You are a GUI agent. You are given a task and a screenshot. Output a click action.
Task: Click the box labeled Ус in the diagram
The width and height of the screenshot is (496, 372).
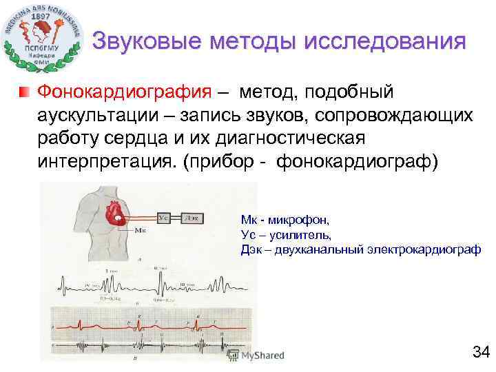pyautogui.click(x=164, y=218)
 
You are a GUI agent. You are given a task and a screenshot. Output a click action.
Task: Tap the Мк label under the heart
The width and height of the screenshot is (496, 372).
pyautogui.click(x=140, y=230)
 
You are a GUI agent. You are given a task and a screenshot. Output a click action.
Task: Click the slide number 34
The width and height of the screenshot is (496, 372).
pyautogui.click(x=480, y=353)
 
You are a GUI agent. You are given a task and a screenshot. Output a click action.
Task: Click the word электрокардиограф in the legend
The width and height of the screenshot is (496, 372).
pyautogui.click(x=427, y=249)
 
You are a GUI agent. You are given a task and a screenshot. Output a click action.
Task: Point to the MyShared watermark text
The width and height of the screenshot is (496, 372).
pyautogui.click(x=262, y=356)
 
